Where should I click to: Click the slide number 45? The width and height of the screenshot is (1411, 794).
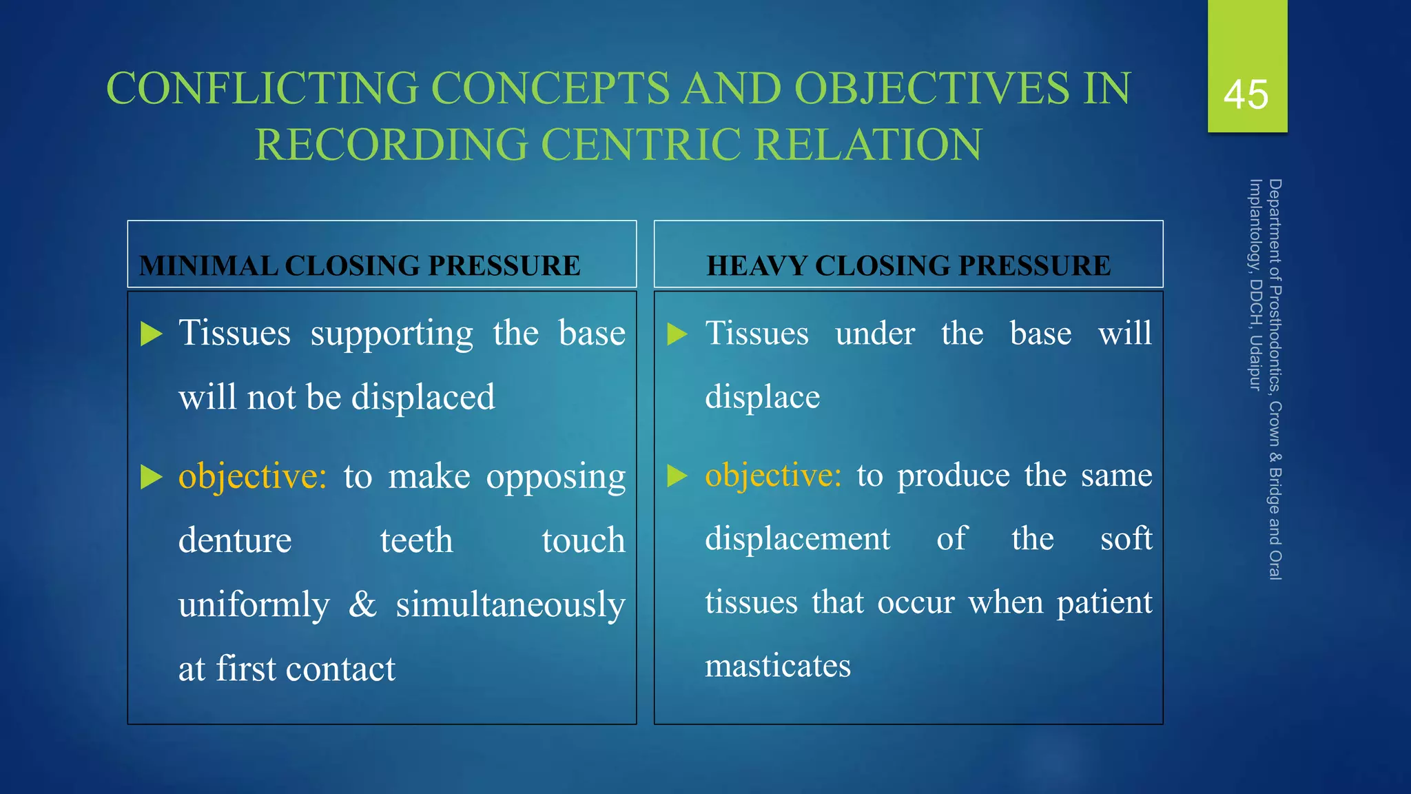1246,94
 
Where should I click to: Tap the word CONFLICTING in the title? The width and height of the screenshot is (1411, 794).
262,89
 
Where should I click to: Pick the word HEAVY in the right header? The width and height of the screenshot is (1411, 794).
756,266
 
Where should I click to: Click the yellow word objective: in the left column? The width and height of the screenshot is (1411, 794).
252,476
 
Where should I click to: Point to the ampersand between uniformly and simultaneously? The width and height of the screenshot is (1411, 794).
362,604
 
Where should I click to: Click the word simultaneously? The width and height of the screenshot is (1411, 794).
511,605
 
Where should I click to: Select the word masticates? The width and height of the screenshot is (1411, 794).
778,666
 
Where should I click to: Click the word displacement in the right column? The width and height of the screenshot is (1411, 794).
797,538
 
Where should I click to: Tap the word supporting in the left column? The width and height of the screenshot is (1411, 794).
391,334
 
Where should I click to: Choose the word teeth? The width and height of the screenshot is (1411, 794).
416,540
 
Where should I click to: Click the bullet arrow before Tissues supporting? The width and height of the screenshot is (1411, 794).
151,334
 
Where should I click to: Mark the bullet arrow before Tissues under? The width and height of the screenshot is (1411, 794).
677,334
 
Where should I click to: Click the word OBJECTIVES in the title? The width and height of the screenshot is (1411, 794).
931,89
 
